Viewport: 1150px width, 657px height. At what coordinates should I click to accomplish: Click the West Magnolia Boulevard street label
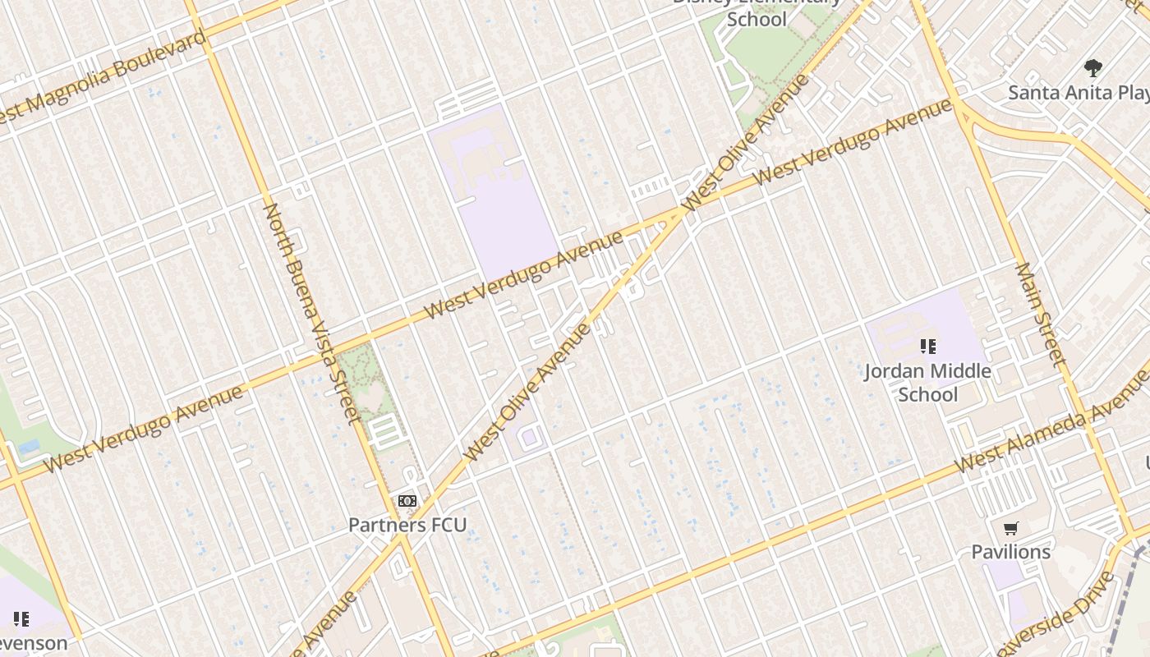[x=103, y=77]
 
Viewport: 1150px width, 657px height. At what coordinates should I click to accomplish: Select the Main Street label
[x=1041, y=315]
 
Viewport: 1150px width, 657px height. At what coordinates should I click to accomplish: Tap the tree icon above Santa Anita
[x=1092, y=68]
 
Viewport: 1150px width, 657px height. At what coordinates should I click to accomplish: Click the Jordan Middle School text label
[x=927, y=383]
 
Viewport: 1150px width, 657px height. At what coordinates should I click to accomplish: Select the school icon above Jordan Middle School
[x=927, y=347]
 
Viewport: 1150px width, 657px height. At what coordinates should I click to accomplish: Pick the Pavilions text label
[x=1010, y=552]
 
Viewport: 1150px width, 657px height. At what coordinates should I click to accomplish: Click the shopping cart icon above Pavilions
[x=1010, y=529]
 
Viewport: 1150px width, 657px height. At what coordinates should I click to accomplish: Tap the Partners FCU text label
[x=407, y=525]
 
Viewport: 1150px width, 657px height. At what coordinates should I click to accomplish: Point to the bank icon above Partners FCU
[x=407, y=501]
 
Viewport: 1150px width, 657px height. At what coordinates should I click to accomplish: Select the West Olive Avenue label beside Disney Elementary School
[x=747, y=141]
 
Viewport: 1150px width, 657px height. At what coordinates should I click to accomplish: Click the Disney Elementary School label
[x=757, y=12]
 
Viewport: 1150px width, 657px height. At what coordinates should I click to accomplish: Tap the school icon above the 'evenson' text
[x=21, y=618]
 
